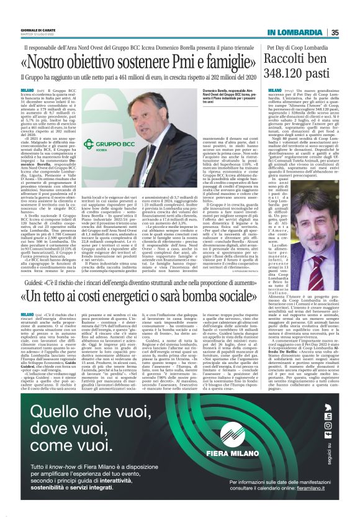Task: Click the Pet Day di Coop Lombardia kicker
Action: (297, 48)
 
